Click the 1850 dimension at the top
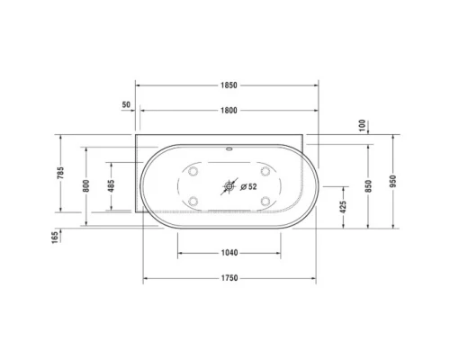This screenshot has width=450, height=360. pos(229,85)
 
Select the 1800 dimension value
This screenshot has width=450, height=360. pos(229,110)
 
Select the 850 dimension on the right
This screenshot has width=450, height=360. pos(368,184)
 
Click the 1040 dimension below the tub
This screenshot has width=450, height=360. pos(229,253)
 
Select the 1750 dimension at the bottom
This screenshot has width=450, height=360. pos(229,278)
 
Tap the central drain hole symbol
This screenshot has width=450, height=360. pos(229,187)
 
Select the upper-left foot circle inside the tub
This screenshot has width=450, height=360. pos(193,171)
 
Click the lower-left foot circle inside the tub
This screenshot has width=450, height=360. pos(193,202)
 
